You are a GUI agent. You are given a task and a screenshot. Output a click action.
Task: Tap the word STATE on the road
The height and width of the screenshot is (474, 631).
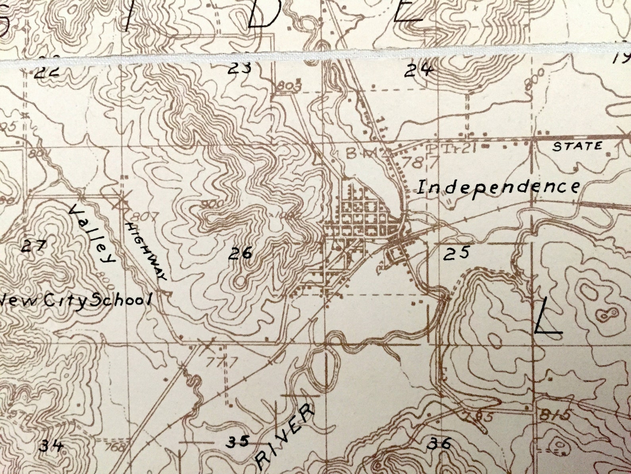click(x=577, y=146)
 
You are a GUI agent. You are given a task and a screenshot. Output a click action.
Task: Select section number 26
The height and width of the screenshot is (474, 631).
click(x=241, y=253)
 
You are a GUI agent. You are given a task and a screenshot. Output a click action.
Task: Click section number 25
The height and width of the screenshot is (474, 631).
click(x=457, y=253)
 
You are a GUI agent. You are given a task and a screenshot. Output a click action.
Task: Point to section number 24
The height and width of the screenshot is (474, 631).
click(x=418, y=71)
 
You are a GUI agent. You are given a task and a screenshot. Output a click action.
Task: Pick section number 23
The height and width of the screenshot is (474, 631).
click(x=240, y=68)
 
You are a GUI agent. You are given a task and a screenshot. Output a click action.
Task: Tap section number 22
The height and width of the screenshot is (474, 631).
click(x=47, y=72)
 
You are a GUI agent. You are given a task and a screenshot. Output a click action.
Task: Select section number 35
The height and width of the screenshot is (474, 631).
click(x=238, y=441)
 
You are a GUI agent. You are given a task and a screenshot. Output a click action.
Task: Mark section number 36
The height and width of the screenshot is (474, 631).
click(x=439, y=443)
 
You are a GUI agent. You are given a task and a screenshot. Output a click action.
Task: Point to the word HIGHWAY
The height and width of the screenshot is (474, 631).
click(x=145, y=251)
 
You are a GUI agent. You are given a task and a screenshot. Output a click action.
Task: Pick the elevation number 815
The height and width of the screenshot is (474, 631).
click(x=556, y=415)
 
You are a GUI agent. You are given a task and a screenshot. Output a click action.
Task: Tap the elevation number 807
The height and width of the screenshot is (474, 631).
click(x=141, y=216)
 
